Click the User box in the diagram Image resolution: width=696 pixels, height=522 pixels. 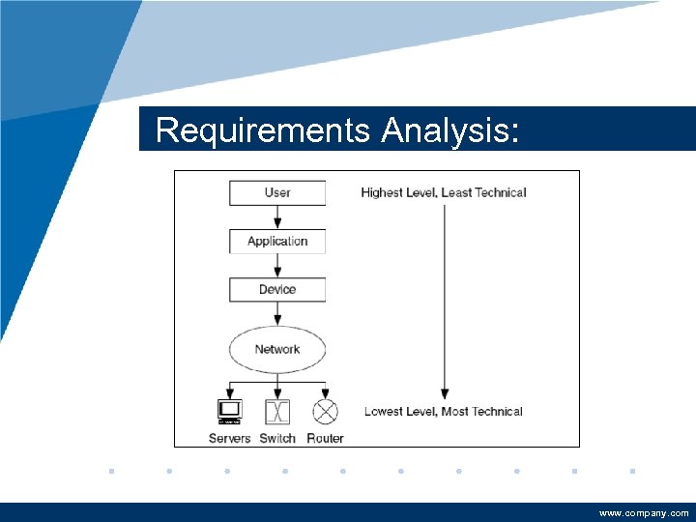pos(277,192)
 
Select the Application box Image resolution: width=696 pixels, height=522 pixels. pos(277,241)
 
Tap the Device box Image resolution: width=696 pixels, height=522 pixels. pos(277,289)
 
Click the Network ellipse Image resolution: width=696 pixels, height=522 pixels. pos(277,349)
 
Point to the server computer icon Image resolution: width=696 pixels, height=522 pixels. pos(229,412)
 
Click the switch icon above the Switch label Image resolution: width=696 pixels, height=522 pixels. pos(277,412)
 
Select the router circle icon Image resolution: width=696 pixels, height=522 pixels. pos(326,412)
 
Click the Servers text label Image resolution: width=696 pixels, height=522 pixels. pos(229,438)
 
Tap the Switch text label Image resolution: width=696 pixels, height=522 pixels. pos(277,438)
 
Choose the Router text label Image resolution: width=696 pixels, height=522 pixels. pos(325,438)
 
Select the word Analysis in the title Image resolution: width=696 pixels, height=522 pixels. pos(450,130)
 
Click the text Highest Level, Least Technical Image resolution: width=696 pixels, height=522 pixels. pos(443,192)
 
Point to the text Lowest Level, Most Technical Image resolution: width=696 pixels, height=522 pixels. pos(443,411)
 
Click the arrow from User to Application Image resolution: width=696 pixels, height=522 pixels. pos(277,217)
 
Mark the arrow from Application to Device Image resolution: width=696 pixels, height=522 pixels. pos(277,265)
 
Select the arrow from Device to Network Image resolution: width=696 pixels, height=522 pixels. pos(277,313)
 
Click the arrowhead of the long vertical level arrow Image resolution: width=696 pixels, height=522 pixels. pos(444,393)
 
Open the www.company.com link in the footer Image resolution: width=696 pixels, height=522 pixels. pos(644,513)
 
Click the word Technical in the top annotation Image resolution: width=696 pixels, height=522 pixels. pos(497,192)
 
